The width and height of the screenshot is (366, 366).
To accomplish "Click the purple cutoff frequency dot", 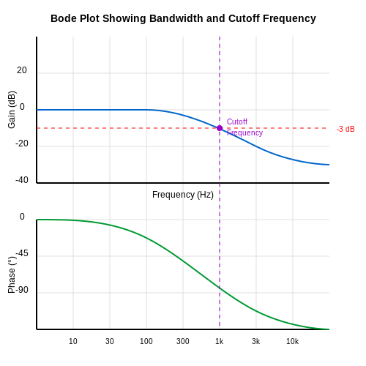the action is (220, 128).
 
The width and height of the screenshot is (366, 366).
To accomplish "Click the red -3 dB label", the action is (346, 129).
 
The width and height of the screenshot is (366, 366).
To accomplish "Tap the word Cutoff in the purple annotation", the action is (237, 122).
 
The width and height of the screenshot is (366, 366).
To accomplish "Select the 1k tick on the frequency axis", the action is (219, 341).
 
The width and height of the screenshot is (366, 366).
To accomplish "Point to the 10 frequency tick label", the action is (73, 341).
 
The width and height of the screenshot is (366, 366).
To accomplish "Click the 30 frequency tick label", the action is (110, 341).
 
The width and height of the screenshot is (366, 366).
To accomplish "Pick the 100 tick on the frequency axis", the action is (146, 341).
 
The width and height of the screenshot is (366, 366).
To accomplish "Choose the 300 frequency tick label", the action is (183, 341).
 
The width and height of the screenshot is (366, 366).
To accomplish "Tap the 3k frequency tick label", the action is (255, 341).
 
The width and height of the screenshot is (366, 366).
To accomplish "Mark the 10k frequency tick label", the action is (292, 341).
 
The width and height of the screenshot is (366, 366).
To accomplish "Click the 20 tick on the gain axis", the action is (22, 70).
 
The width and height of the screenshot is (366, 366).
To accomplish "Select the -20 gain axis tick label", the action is (22, 143).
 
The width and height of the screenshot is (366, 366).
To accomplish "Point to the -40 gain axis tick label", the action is (22, 180).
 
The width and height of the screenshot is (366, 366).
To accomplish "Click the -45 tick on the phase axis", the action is (22, 253).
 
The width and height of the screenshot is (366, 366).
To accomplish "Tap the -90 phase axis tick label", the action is (22, 290).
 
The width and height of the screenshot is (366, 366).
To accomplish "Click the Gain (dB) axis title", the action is (12, 110).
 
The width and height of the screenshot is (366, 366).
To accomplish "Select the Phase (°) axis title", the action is (12, 274).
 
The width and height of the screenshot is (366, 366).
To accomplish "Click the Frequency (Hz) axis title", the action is (183, 195).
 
